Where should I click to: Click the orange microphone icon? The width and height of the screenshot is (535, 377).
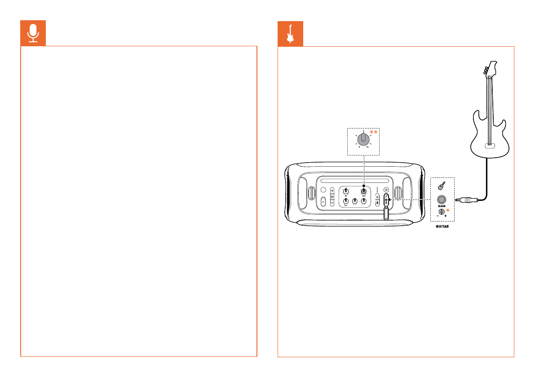coord(33,33)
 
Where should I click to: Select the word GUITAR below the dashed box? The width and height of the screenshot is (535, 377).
coord(442,227)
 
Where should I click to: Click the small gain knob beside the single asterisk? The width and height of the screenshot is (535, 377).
coord(442,211)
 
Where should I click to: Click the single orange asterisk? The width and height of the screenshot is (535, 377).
coord(448,210)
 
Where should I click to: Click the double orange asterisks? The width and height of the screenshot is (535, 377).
coord(373,132)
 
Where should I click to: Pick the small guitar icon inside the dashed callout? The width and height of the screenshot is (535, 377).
coord(442,185)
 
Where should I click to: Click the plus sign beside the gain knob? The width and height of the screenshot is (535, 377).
coord(446,216)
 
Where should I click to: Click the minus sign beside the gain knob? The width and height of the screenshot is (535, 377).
coord(438,216)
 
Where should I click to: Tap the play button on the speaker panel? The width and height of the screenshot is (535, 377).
coord(332,197)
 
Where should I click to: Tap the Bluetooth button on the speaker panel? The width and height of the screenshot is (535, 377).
coord(377,203)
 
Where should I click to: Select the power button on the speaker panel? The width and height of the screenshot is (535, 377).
coord(377,196)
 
